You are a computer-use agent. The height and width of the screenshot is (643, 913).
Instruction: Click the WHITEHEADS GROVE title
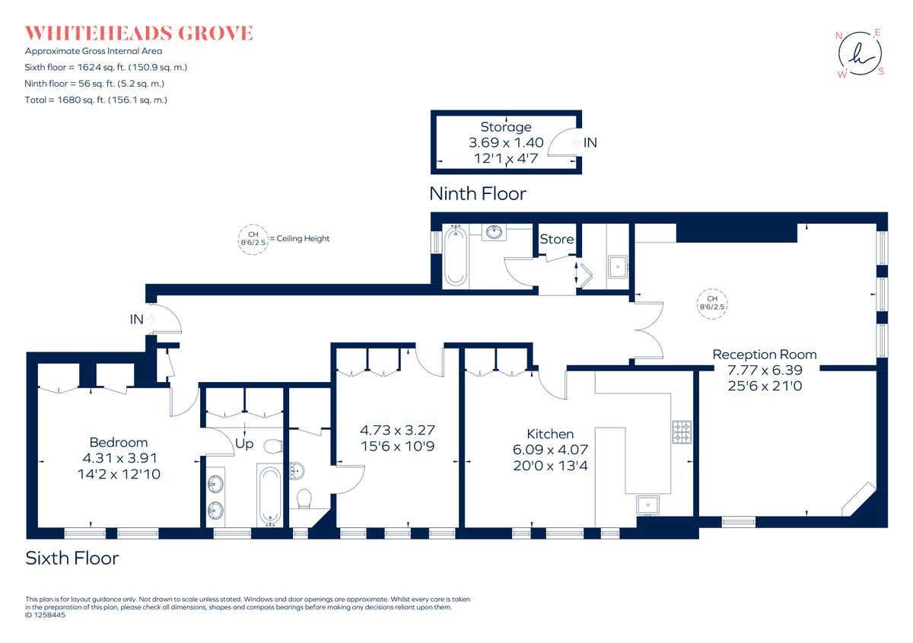[x=138, y=33]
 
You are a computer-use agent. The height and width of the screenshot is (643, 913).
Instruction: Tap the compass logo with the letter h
[x=860, y=53]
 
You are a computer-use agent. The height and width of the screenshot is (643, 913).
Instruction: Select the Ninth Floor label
[x=477, y=194]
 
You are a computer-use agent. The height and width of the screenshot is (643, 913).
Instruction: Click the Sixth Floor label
[x=72, y=559]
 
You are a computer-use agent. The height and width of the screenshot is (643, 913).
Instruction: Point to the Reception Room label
[x=764, y=355]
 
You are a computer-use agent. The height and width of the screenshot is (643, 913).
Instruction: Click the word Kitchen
[x=549, y=434]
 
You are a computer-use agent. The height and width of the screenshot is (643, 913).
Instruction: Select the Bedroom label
[x=119, y=442]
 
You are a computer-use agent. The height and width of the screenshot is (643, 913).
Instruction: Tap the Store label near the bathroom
[x=556, y=239]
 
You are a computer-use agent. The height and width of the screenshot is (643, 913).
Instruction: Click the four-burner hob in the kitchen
[x=681, y=432]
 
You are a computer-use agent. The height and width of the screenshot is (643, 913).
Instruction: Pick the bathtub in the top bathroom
[x=456, y=256]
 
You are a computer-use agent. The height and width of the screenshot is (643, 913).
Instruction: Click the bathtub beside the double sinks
[x=270, y=495]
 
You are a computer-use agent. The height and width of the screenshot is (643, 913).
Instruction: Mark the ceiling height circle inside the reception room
[x=712, y=303]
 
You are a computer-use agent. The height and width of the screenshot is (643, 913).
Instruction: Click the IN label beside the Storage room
[x=590, y=142]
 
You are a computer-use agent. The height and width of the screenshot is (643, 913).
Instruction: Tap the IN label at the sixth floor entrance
[x=137, y=320]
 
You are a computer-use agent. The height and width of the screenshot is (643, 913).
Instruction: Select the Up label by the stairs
[x=244, y=442]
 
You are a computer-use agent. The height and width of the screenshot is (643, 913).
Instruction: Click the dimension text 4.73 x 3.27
[x=397, y=430]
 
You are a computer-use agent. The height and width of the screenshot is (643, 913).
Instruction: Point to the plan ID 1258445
[x=46, y=615]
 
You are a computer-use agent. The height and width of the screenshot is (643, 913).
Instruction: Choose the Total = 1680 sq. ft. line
[x=96, y=100]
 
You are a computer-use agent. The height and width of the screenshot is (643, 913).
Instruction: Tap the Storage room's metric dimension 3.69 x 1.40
[x=505, y=142]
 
